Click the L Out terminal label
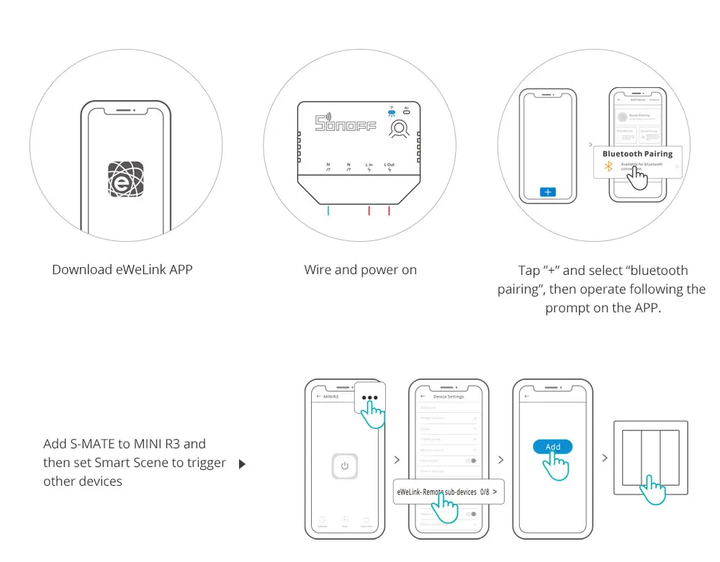[389, 166]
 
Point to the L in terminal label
[369, 166]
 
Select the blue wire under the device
[328, 211]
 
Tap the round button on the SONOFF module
[398, 129]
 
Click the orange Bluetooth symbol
[607, 167]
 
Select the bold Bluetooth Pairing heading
[637, 154]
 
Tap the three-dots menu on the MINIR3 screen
[369, 397]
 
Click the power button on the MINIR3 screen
[345, 466]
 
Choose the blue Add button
[552, 447]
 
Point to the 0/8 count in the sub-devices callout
[485, 492]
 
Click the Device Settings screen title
[449, 396]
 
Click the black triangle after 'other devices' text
[242, 464]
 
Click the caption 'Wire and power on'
[360, 270]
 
